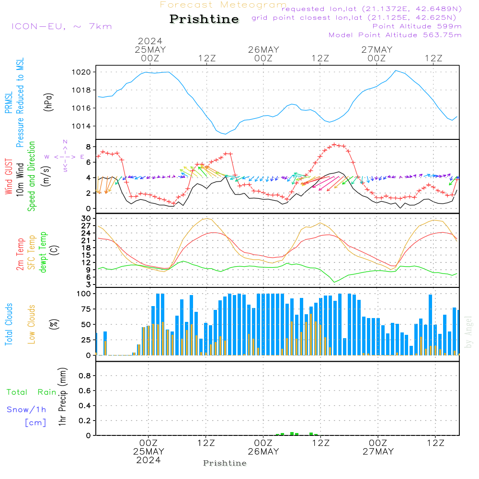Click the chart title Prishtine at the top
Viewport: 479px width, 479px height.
pos(204,19)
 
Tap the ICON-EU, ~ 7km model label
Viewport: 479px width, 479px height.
pos(62,26)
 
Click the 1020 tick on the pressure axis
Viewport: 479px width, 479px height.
pos(81,72)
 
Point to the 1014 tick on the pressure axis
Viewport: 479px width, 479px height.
pos(81,126)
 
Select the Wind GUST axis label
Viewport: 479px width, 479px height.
pos(9,176)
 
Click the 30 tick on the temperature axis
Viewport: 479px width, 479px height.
pos(86,218)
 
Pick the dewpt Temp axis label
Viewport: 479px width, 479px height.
pos(43,252)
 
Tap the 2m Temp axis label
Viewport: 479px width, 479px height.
pos(20,254)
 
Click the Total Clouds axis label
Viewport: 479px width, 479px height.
pos(9,324)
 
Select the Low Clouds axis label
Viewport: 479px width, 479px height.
pos(31,324)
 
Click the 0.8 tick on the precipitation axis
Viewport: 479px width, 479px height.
pos(85,376)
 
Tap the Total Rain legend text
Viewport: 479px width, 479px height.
pos(32,392)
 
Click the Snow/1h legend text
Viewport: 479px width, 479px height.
pos(26,410)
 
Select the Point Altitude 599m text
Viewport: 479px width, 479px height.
pos(417,26)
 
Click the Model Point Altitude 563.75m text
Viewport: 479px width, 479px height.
pos(395,35)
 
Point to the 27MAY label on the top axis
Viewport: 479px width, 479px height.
pos(376,50)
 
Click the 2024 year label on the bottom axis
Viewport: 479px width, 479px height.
pos(148,460)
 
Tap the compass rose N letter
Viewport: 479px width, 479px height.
pos(65,142)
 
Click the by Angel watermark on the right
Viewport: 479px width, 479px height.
pos(468,332)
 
